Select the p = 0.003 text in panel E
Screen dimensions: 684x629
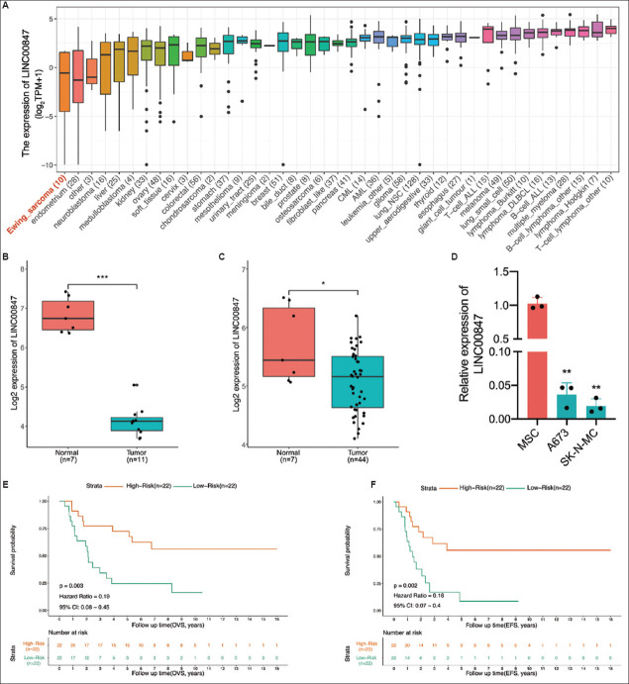(74, 588)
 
